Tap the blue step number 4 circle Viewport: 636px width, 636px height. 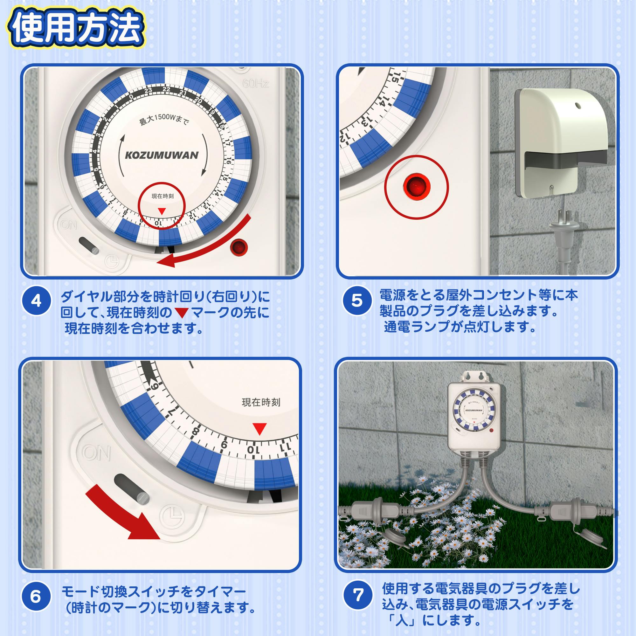point(37,301)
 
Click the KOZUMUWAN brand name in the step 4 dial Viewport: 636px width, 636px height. point(162,156)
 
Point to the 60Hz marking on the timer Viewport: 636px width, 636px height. point(255,84)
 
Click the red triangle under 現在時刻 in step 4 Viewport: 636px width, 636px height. point(162,211)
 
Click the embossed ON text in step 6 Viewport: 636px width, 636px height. point(96,453)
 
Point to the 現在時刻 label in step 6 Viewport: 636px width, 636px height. point(261,402)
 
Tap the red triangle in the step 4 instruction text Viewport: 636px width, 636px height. point(181,313)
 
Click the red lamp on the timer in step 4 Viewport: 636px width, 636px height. point(239,247)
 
